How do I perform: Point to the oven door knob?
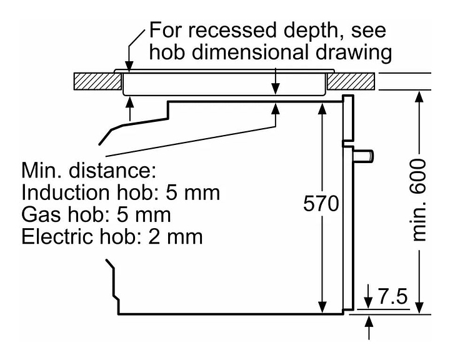pyautogui.click(x=365, y=154)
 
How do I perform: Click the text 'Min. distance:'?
pyautogui.click(x=88, y=170)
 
